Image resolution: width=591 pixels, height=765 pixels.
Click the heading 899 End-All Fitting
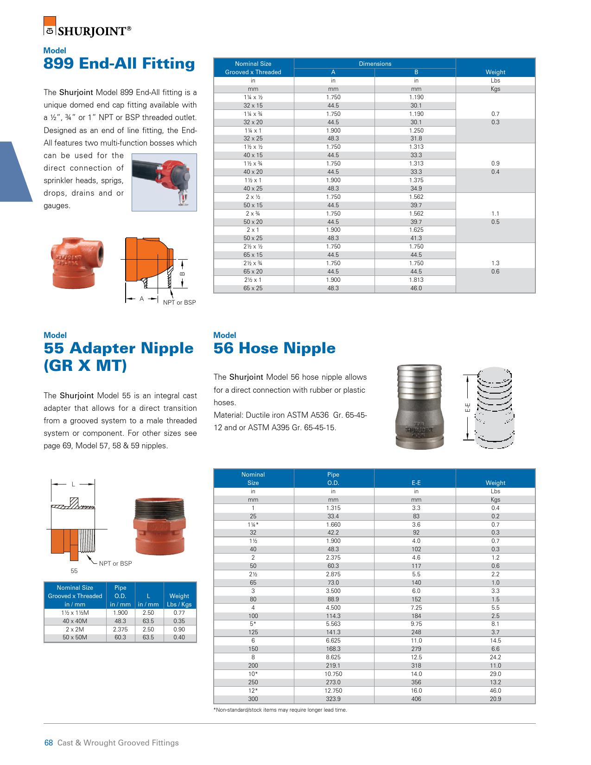(x=119, y=64)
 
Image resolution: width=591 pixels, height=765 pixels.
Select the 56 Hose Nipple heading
(x=274, y=348)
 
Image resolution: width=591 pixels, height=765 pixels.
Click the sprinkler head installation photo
(x=164, y=182)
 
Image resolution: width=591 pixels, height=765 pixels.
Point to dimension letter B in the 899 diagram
(x=182, y=274)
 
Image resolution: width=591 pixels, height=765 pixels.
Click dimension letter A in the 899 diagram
(x=142, y=299)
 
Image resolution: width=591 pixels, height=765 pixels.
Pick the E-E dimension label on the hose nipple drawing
(x=468, y=408)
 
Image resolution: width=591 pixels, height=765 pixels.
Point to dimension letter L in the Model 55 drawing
(x=73, y=484)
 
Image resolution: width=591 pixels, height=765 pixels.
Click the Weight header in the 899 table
(x=495, y=72)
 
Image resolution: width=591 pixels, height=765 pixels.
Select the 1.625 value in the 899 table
(x=416, y=230)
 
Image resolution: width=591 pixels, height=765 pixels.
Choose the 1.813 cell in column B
(x=416, y=280)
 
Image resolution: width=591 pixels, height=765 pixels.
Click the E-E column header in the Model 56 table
(x=416, y=483)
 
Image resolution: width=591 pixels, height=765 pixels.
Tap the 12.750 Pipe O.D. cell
(x=333, y=690)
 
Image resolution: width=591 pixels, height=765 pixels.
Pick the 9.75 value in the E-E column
(x=416, y=624)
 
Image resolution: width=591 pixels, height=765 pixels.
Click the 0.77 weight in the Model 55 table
(x=179, y=613)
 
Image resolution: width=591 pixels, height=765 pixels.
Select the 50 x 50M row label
(x=75, y=637)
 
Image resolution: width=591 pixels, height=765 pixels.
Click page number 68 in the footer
(x=49, y=743)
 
